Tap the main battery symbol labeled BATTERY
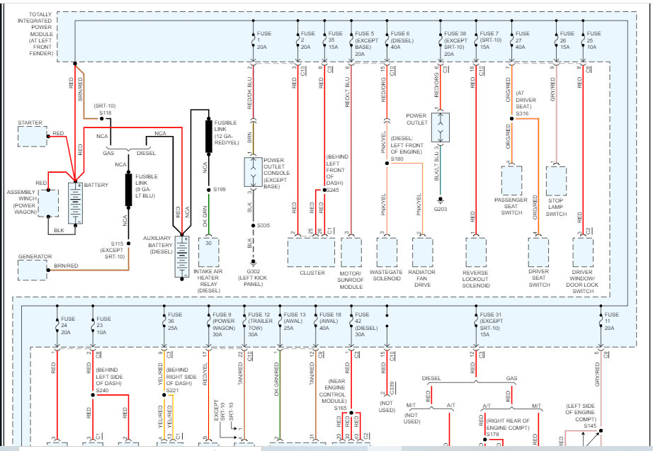click(x=75, y=204)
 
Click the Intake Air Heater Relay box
click(x=210, y=252)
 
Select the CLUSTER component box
click(x=312, y=251)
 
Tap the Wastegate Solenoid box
click(x=387, y=251)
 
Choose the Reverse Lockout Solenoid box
click(x=475, y=251)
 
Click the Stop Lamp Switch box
click(x=556, y=181)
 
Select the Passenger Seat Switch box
click(x=510, y=181)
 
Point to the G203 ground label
click(x=440, y=209)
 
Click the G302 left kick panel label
click(x=253, y=276)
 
